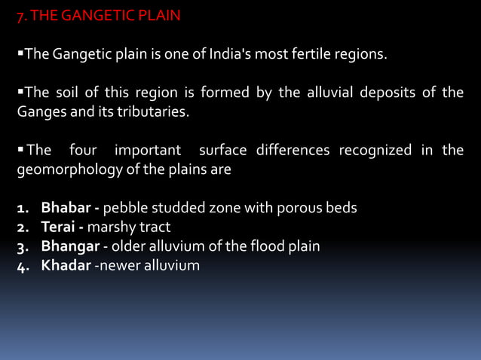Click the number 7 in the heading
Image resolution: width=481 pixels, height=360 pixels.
pos(20,15)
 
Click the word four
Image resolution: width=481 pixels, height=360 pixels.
pos(83,151)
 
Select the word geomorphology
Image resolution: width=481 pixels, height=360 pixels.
pos(65,169)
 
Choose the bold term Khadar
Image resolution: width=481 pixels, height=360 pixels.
pos(65,265)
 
